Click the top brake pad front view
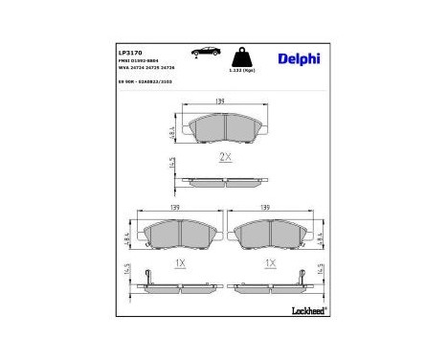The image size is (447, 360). click(225, 130)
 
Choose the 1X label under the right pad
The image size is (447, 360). click(271, 261)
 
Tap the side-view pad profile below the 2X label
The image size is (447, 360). click(225, 180)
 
